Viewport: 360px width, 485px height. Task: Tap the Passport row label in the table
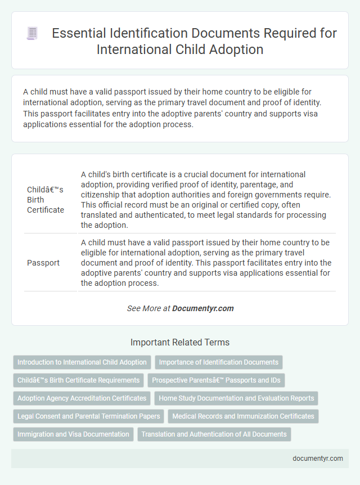(x=43, y=263)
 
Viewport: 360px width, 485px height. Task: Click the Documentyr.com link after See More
(x=202, y=308)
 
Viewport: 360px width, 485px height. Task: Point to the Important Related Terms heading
(x=179, y=342)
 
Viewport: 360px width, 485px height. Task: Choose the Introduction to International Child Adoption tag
(x=82, y=362)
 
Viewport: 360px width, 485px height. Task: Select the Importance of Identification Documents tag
(x=219, y=362)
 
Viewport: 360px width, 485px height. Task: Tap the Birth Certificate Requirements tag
(x=78, y=380)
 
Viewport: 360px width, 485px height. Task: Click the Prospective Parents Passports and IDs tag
(x=217, y=380)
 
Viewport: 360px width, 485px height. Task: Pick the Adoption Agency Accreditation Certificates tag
(x=82, y=398)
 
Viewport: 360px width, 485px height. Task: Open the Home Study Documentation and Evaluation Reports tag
(x=236, y=398)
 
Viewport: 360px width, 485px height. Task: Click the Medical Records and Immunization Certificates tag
(x=244, y=416)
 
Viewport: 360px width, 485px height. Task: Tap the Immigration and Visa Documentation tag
(x=74, y=434)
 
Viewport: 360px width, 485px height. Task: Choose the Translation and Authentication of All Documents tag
(x=214, y=434)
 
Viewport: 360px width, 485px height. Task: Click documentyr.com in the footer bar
(x=318, y=458)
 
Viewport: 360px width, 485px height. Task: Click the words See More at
(x=148, y=308)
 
